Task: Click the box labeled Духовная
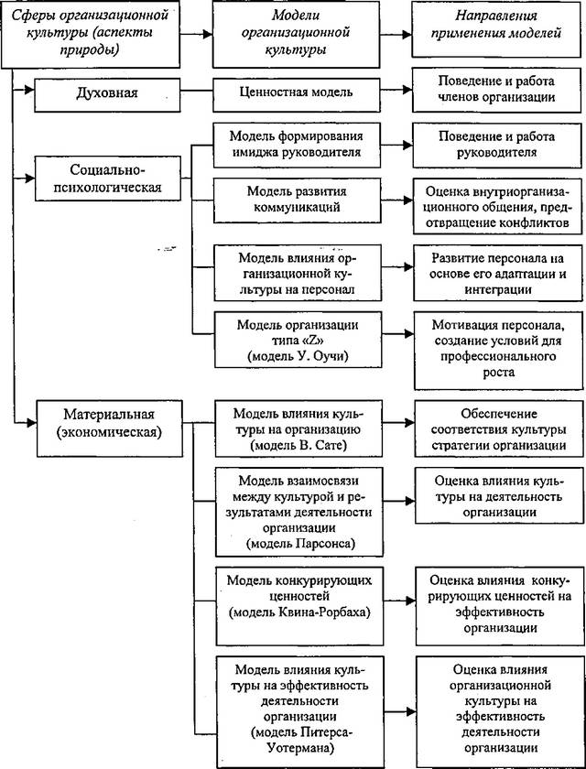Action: coord(107,92)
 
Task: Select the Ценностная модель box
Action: coord(296,92)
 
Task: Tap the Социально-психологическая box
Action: coord(107,179)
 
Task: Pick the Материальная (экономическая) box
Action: coord(109,428)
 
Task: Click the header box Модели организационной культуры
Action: coord(296,33)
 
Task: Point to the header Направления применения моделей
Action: coord(495,29)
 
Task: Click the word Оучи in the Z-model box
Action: coord(332,356)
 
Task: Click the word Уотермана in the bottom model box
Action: coord(300,748)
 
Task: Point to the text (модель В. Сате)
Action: coord(298,445)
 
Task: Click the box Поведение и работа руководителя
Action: coord(497,145)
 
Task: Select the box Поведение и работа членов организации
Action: coord(496,88)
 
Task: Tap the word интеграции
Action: coord(498,290)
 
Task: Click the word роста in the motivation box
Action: coord(498,373)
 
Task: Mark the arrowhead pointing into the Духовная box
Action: coord(28,90)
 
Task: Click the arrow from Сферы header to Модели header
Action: coord(196,34)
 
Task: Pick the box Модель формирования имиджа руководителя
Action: coord(297,145)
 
